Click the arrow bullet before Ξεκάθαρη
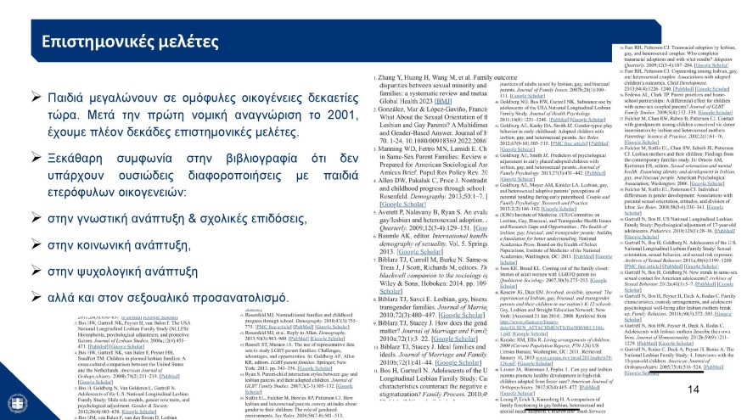point(36,159)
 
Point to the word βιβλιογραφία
point(242,159)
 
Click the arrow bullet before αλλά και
point(36,297)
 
